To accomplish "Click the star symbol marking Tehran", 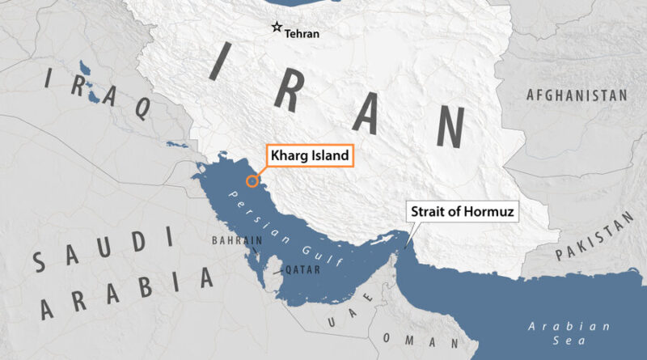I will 277,27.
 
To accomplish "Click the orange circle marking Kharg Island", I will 252,181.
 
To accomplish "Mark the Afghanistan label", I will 577,95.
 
